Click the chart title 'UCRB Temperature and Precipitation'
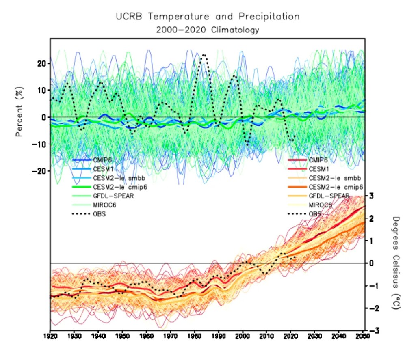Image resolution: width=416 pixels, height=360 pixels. point(208,17)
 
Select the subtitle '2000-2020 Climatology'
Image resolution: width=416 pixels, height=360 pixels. point(208,30)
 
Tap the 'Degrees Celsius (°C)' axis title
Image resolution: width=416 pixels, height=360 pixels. point(396,263)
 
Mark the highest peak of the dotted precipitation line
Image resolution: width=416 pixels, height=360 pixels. point(204,54)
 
